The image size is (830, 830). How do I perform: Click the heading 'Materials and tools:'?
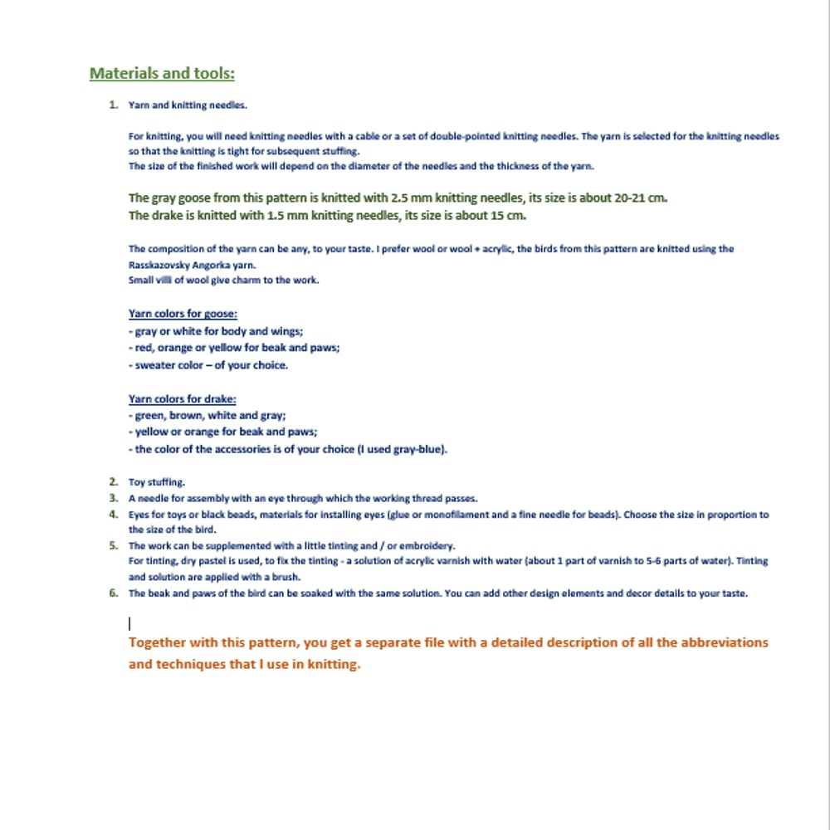[162, 74]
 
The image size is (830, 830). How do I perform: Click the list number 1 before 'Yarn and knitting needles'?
[113, 105]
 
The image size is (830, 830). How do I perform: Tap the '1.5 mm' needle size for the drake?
[288, 216]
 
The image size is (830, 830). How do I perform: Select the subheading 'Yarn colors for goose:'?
[183, 314]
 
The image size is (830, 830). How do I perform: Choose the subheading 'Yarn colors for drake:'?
[183, 399]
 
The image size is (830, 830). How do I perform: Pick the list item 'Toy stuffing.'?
[157, 481]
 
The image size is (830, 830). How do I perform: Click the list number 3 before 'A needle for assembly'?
[114, 498]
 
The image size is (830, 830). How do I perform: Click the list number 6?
[114, 593]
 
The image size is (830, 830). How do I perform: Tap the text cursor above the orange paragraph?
[129, 622]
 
